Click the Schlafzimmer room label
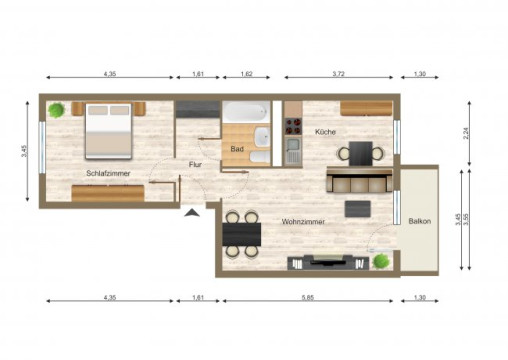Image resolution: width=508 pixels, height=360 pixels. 104,172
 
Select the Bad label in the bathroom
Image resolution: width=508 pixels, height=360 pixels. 236,149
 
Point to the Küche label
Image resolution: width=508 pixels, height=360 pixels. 325,132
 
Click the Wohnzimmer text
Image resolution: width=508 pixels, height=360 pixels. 302,221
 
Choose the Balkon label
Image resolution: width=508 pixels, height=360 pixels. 419,221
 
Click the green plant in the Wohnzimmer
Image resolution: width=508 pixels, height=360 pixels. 381,261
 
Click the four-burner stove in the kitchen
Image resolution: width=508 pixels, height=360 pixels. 294,127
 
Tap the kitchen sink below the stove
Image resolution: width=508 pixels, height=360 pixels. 293,151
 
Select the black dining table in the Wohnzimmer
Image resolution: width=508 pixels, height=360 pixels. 242,234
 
